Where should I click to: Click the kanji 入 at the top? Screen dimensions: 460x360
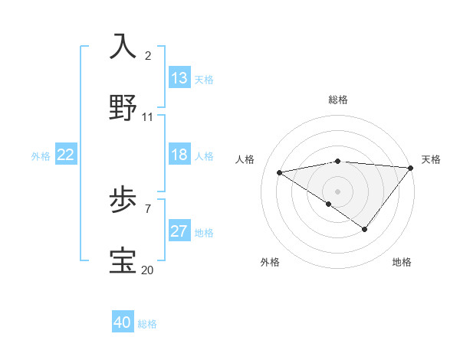coord(123,46)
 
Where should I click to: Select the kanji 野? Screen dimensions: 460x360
coord(123,107)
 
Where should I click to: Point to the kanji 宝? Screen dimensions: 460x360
coord(123,261)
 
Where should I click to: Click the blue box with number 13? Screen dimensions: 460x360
coord(179,78)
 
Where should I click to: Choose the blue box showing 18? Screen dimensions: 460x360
coord(179,155)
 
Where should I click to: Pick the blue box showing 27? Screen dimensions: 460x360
coord(179,231)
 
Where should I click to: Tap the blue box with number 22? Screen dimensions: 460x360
coord(66,155)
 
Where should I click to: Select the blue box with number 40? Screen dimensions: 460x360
coord(123,322)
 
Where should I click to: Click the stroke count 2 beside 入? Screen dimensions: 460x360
coord(148,56)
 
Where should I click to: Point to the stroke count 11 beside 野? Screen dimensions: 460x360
coord(148,117)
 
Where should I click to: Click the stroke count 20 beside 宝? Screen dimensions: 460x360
coord(148,270)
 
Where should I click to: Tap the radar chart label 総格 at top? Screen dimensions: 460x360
coord(338,100)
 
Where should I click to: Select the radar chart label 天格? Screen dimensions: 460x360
coord(431,159)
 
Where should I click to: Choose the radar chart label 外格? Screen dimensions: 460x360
coord(270,262)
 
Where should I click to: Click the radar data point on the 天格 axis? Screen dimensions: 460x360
coord(411,168)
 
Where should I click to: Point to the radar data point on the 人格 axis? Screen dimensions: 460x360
coord(280,172)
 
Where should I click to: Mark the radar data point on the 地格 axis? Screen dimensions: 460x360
coord(365,229)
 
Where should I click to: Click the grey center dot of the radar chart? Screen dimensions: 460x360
coord(338,191)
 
